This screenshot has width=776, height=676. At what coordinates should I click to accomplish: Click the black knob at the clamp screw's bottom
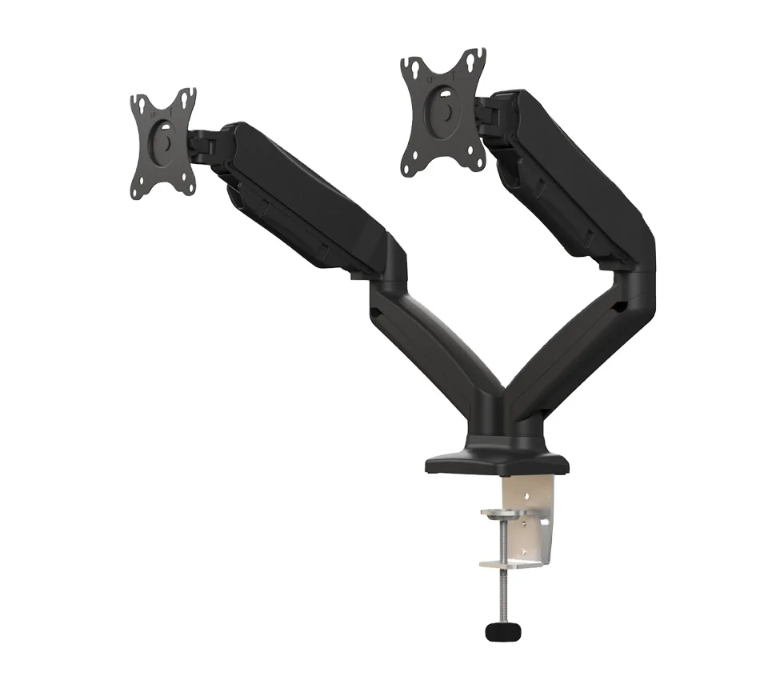pos(502,631)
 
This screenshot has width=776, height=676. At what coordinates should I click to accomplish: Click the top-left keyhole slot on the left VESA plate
pos(141,105)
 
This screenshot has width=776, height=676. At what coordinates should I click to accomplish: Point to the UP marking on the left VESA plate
pos(151,116)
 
